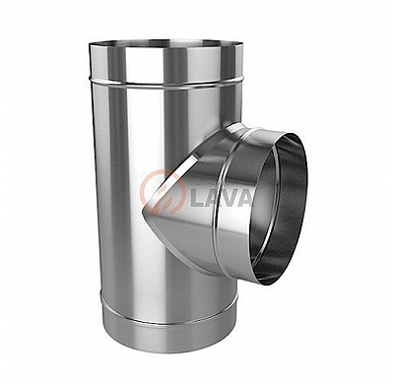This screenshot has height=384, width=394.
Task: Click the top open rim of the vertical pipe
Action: (165, 43)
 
